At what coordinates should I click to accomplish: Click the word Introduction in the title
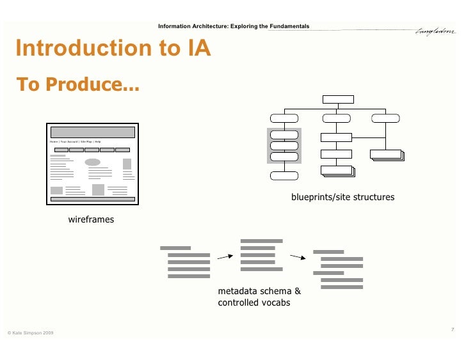pyautogui.click(x=77, y=49)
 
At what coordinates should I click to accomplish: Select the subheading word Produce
pyautogui.click(x=96, y=84)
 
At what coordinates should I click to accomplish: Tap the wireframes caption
pyautogui.click(x=91, y=219)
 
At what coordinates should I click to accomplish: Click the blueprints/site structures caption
pyautogui.click(x=342, y=198)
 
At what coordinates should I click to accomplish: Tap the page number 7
pyautogui.click(x=452, y=329)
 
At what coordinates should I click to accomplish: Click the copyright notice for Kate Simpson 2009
pyautogui.click(x=30, y=334)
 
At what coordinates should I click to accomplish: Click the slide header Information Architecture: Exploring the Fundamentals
pyautogui.click(x=234, y=26)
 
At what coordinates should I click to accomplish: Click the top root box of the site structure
pyautogui.click(x=337, y=99)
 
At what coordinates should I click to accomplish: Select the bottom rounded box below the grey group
pyautogui.click(x=284, y=176)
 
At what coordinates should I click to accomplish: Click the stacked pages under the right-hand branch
pyautogui.click(x=386, y=155)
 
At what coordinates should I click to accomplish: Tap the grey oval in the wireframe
pyautogui.click(x=93, y=162)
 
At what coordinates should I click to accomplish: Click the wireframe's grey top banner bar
pyautogui.click(x=93, y=132)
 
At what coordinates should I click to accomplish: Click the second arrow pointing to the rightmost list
pyautogui.click(x=298, y=258)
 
